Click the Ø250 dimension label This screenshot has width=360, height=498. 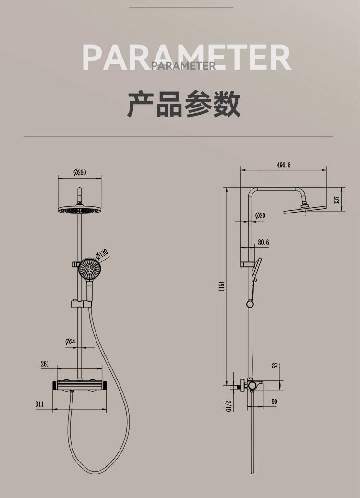[x=80, y=172]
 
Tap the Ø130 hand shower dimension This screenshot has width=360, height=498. [x=102, y=254]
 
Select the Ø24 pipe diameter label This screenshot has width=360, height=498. [x=71, y=342]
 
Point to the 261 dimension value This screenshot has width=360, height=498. [x=45, y=364]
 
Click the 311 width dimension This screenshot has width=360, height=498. [x=39, y=404]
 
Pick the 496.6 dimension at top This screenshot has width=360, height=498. [x=284, y=165]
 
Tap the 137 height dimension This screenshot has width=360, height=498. [x=337, y=199]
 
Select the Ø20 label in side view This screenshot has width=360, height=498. [x=260, y=216]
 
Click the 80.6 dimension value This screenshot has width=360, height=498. [x=263, y=243]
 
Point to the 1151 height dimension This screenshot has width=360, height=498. [x=222, y=286]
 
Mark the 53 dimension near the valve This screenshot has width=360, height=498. [x=275, y=366]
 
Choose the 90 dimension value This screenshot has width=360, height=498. [x=274, y=402]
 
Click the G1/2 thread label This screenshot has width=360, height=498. [x=228, y=405]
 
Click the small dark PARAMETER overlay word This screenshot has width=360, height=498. [x=183, y=66]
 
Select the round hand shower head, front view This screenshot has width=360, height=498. [x=90, y=270]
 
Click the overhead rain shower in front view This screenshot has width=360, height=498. [x=80, y=211]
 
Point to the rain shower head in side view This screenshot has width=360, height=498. [x=304, y=209]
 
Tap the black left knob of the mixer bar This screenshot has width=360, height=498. [x=54, y=385]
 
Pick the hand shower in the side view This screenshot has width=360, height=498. [x=257, y=269]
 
